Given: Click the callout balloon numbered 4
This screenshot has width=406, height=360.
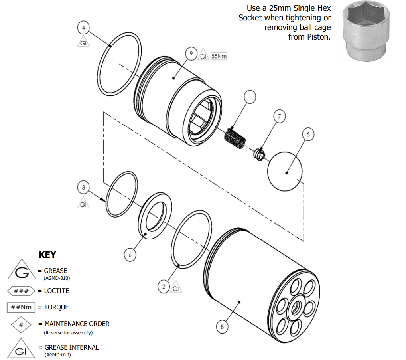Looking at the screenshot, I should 83,28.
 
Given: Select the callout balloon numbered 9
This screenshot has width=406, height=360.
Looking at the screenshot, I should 191,53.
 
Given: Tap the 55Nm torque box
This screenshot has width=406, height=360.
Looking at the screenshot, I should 219,56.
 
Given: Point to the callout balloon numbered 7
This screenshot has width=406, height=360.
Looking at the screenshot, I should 280,117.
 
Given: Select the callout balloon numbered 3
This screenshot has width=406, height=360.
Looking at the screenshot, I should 83,187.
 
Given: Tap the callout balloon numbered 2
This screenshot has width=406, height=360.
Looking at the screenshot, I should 164,286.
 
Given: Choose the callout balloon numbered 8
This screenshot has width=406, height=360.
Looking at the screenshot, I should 222,327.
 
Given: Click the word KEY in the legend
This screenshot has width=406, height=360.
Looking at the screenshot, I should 47,255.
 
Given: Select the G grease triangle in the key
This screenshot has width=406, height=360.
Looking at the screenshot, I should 22,272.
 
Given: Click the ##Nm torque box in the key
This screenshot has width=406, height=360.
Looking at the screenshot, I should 21,307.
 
